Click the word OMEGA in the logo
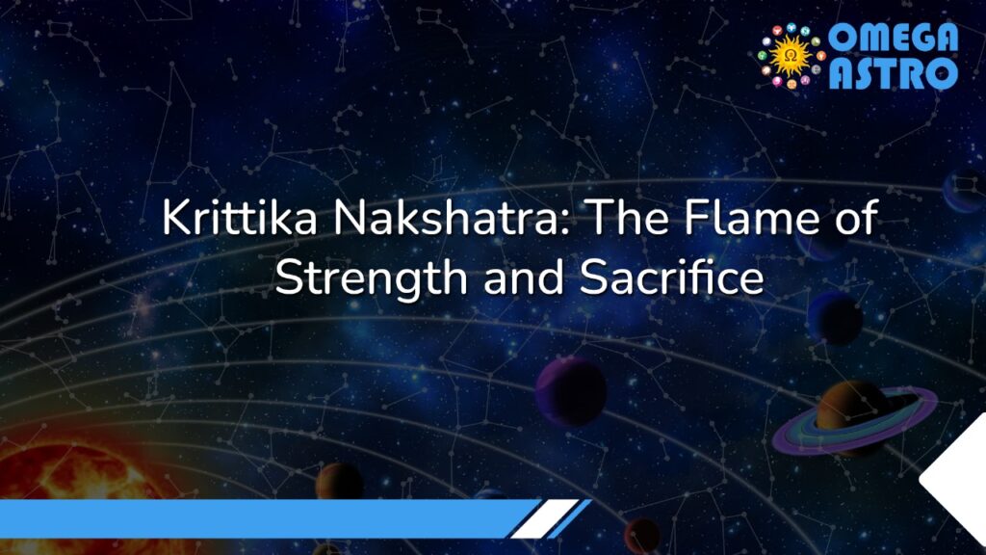[894, 39]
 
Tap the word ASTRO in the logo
[894, 72]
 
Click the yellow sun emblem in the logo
[792, 56]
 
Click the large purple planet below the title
[570, 390]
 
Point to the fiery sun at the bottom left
[58, 482]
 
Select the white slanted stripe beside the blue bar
[543, 518]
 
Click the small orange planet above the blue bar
[340, 480]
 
